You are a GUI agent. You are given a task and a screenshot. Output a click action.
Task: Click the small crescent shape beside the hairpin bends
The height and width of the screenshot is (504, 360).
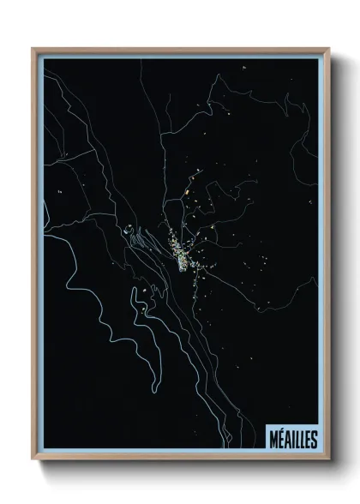(x=128, y=229)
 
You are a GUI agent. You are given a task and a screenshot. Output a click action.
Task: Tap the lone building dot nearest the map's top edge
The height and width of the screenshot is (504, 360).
(x=244, y=66)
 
